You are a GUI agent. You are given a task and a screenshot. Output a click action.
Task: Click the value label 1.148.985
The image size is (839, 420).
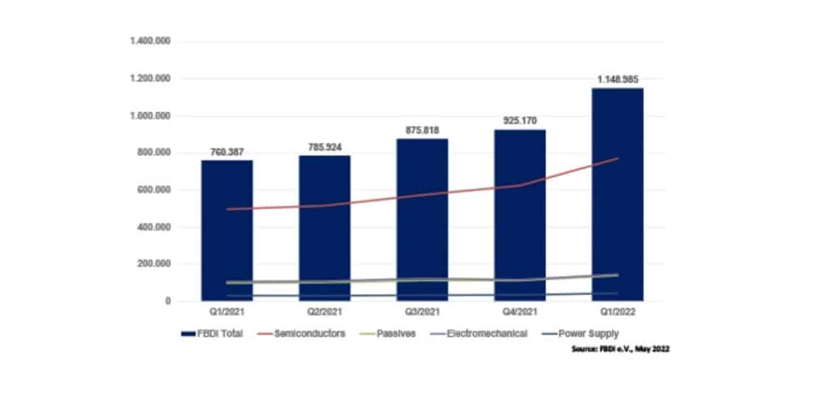pos(617,80)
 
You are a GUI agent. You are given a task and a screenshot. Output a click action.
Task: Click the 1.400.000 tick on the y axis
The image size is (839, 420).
pos(150,41)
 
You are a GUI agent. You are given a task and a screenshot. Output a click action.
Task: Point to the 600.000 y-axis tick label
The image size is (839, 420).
pos(153,190)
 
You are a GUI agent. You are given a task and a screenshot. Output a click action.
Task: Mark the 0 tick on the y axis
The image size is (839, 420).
pos(168,301)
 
